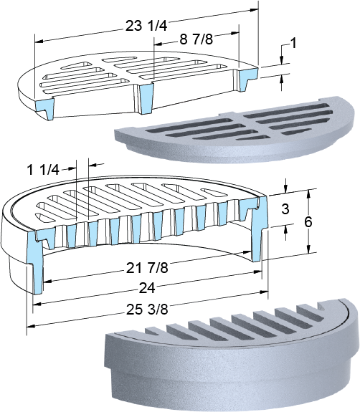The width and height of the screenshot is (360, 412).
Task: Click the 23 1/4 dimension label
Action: pos(146,26)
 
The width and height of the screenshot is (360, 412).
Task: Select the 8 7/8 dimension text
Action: pos(196,39)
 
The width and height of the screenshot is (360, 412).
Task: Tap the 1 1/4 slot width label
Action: pos(44,170)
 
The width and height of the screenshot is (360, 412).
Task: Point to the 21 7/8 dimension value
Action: pos(147,268)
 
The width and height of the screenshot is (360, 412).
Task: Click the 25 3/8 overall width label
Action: pos(147,310)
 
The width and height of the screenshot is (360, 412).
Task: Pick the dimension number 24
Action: pos(147,288)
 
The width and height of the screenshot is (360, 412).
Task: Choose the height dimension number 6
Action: pos(308,222)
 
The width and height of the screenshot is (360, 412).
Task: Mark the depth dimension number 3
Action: pos(285,209)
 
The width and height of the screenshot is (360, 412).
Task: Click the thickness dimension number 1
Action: pos(293,43)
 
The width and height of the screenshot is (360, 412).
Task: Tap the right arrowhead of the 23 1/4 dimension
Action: pos(254,10)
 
